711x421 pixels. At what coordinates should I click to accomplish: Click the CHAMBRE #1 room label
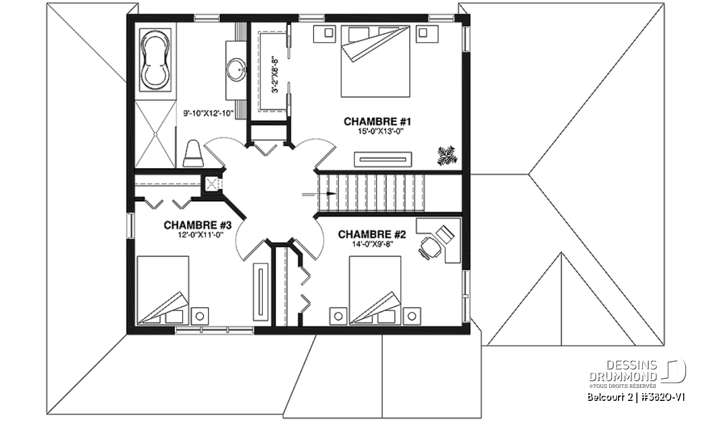[x=377, y=121]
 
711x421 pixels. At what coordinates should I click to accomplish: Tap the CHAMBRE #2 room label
[x=371, y=235]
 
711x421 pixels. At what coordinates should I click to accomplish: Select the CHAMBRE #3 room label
[x=197, y=225]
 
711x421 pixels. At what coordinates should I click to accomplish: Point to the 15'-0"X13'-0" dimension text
[x=377, y=131]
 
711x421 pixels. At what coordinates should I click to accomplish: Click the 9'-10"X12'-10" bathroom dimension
[x=209, y=112]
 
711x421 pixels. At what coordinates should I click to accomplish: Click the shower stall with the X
[x=156, y=135]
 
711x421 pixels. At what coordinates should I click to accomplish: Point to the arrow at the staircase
[x=310, y=193]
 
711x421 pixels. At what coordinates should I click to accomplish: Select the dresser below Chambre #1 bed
[x=383, y=158]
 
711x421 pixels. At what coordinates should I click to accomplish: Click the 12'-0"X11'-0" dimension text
[x=197, y=235]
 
